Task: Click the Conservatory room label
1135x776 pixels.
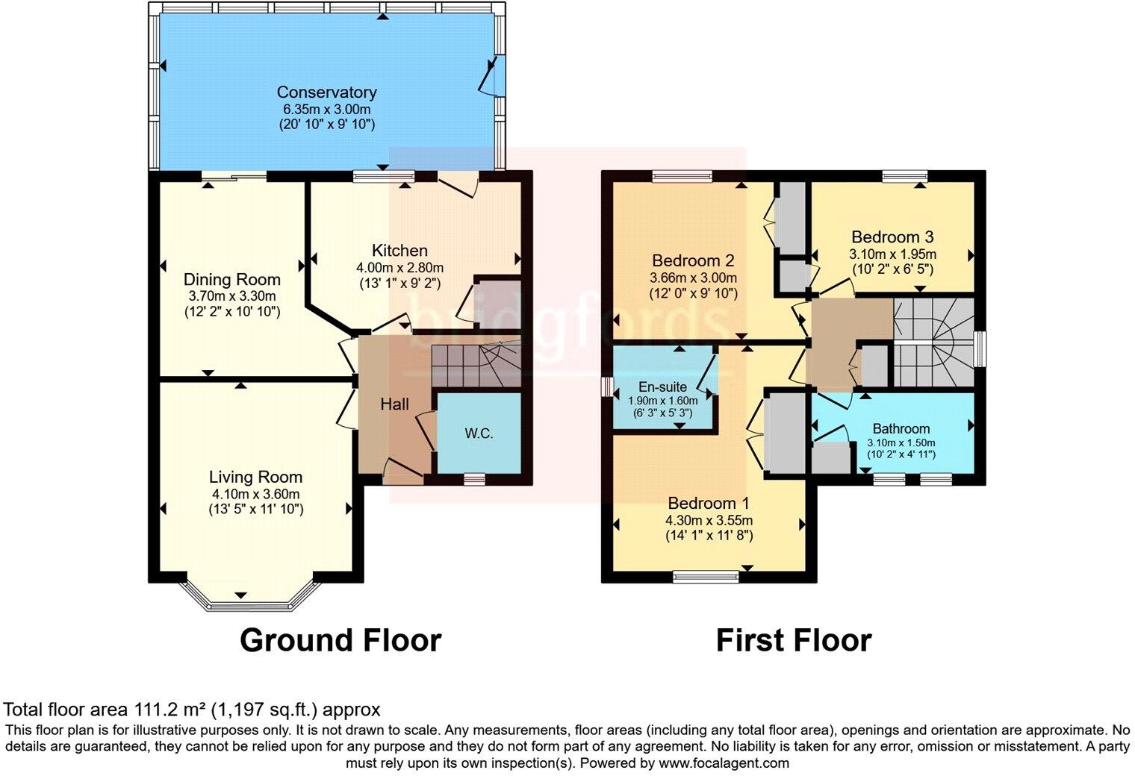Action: (326, 93)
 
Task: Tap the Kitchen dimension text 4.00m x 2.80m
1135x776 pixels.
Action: (399, 268)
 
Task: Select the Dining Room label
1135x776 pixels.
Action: (232, 280)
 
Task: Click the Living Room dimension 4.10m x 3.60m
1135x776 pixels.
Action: (255, 494)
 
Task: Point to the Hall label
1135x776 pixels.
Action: (394, 404)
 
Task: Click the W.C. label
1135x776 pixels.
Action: (479, 434)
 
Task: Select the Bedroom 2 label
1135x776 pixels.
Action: (693, 260)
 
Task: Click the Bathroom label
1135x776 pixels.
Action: (901, 429)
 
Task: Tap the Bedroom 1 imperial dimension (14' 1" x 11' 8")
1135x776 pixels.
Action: (709, 536)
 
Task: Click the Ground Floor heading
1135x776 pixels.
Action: (340, 640)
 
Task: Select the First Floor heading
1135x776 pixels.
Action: (793, 640)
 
